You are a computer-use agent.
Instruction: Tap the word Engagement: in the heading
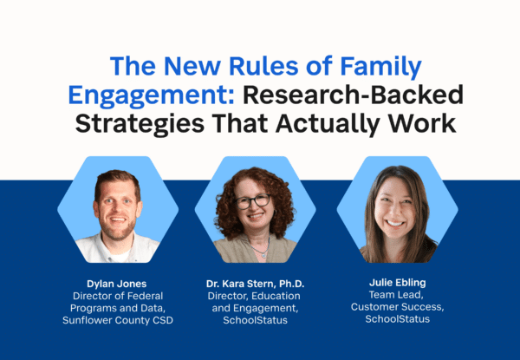click(x=151, y=95)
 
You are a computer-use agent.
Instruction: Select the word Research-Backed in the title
click(x=353, y=95)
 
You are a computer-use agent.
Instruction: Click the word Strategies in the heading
click(x=140, y=124)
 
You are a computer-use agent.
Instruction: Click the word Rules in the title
click(x=263, y=66)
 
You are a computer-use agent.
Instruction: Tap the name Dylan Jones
click(x=117, y=284)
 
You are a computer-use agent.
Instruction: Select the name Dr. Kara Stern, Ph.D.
click(x=255, y=284)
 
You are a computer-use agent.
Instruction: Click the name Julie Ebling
click(x=397, y=283)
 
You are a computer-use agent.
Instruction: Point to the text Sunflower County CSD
click(x=118, y=320)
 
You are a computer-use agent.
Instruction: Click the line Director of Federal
click(x=118, y=296)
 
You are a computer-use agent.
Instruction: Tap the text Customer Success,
click(x=397, y=307)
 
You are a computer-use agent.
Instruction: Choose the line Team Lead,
click(x=396, y=295)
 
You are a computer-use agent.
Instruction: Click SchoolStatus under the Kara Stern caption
click(x=255, y=320)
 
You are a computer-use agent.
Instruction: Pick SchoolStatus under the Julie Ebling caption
click(x=397, y=319)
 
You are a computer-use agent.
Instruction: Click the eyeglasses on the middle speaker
click(x=253, y=201)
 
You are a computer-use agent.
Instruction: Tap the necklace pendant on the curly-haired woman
click(x=263, y=255)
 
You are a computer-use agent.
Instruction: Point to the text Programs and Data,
click(x=118, y=308)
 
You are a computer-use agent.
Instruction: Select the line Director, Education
click(x=254, y=296)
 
